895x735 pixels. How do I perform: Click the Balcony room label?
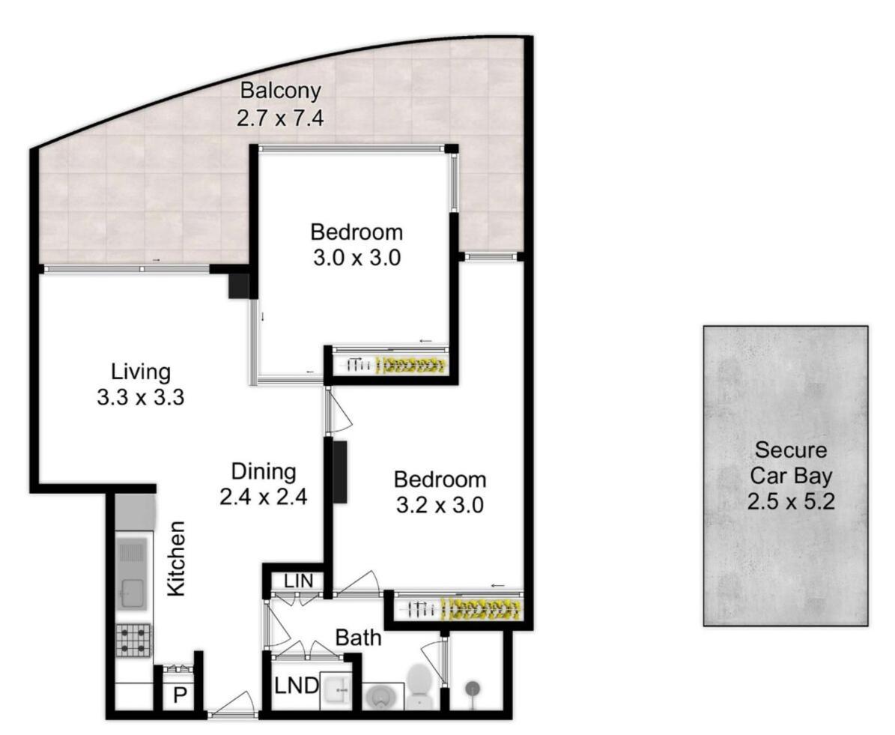tap(280, 91)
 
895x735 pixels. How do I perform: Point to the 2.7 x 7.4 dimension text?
tap(280, 118)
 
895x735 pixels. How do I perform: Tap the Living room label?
tap(141, 371)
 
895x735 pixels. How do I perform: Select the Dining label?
tap(263, 471)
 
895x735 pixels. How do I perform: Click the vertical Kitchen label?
tap(175, 558)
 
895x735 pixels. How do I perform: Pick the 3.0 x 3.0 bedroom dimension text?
tap(357, 258)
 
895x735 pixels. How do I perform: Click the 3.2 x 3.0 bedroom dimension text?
tap(440, 505)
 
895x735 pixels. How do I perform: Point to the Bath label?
tap(358, 638)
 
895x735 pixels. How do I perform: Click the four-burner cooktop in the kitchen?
tap(133, 641)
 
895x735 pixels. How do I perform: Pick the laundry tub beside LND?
tap(341, 690)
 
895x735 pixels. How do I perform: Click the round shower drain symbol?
tap(473, 686)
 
